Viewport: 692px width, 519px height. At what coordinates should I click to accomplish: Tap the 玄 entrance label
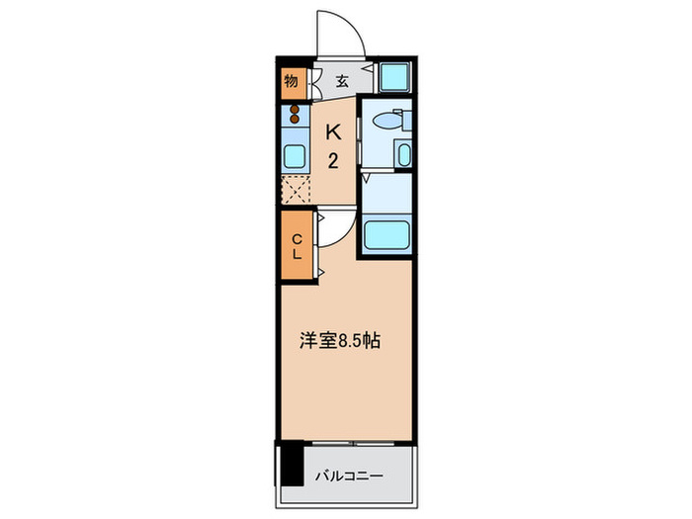[x=341, y=81]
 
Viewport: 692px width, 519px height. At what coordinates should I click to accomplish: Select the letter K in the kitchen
[x=335, y=130]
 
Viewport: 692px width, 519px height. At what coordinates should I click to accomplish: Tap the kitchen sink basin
[x=294, y=155]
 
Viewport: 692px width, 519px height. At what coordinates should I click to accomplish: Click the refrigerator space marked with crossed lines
[x=295, y=188]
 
